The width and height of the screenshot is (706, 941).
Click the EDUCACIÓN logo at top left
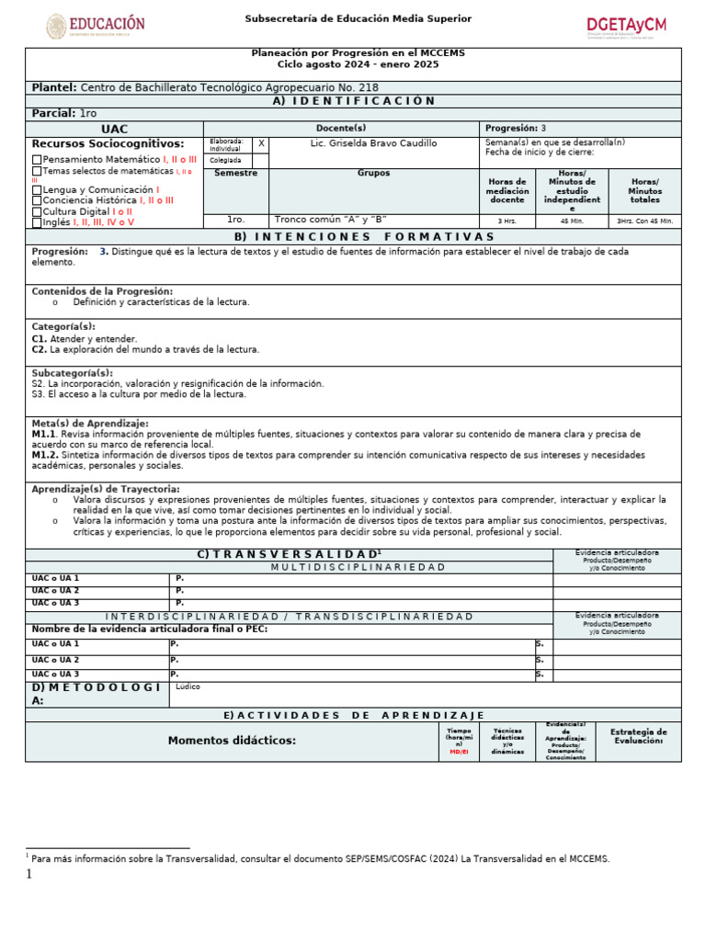coord(97,26)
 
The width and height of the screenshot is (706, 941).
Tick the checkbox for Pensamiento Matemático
coord(37,160)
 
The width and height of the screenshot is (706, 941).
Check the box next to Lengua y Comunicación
coord(37,190)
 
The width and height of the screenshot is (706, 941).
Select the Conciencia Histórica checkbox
coord(37,201)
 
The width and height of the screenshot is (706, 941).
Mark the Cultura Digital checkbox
coord(37,212)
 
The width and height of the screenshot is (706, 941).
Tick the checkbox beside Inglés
coord(37,223)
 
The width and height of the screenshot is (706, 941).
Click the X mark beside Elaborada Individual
coord(261,144)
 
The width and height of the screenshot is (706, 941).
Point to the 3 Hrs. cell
coord(507,221)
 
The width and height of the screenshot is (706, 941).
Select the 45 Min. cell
coord(571,221)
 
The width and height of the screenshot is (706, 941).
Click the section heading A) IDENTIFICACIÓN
coord(354,101)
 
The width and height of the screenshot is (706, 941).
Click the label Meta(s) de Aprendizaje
coord(90,424)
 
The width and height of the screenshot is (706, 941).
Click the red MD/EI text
coord(458,752)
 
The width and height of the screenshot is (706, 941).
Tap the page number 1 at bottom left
coord(28,875)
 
